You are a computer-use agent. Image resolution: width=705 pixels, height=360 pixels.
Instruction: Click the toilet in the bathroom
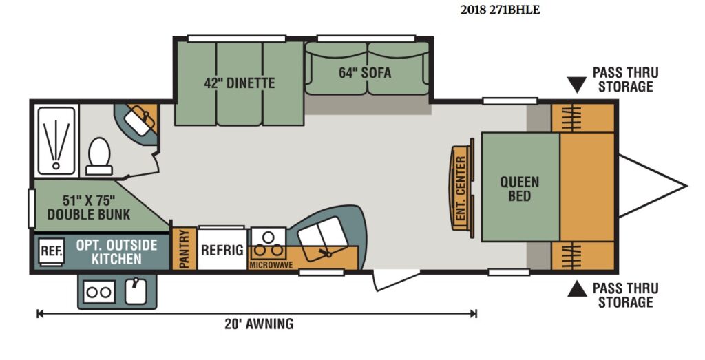99,156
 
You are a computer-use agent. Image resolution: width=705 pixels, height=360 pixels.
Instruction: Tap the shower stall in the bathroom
56,140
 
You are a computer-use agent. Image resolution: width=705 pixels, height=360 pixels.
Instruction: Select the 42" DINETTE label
239,83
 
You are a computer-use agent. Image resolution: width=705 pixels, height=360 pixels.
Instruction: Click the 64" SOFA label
365,73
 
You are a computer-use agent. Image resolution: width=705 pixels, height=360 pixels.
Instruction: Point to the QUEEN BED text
519,189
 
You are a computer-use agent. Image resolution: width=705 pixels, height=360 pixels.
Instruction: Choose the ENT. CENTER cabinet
462,189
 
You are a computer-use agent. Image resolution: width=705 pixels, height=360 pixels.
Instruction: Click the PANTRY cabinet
185,248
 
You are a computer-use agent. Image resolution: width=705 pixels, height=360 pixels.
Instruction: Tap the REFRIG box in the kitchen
222,250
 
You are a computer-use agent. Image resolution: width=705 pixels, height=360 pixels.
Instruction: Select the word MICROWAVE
271,265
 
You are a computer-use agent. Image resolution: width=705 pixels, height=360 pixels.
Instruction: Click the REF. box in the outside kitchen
51,251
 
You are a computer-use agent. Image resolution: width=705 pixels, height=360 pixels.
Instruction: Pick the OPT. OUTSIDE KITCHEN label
116,252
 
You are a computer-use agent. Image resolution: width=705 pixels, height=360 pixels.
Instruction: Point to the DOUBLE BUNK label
89,214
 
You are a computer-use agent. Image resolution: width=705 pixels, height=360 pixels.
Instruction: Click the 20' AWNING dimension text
259,324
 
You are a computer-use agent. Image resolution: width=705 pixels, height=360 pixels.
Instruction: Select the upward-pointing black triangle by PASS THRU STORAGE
577,288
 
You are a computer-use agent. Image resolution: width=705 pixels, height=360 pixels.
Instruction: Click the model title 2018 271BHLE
500,10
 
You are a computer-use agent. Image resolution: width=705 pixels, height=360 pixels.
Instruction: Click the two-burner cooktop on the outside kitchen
99,293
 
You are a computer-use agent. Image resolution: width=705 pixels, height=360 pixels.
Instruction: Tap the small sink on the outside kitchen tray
136,290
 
